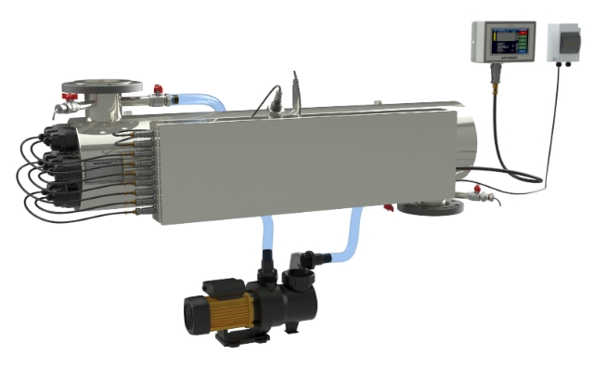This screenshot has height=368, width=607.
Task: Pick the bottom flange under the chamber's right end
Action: point(429,205)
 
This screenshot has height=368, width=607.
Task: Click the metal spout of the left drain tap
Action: point(58,110)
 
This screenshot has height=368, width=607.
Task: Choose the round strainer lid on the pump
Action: point(300,282)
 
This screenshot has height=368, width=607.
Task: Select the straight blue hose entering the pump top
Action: point(267,238)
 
